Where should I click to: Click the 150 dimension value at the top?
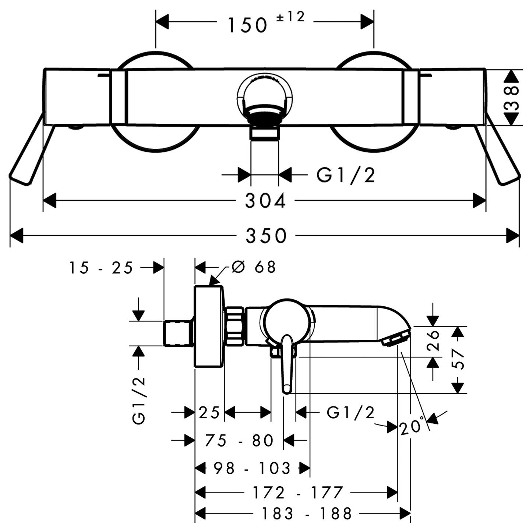pos(247,25)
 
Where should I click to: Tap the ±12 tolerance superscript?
pos(291,17)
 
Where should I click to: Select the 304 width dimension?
pos(265,201)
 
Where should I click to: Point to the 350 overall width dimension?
pos(266,236)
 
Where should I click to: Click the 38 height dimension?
pos(511,98)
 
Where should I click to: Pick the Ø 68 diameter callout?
pos(254,267)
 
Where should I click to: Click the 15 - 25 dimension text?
pos(101,268)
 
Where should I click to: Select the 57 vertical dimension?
pos(458,359)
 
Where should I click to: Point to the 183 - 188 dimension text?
pos(306,513)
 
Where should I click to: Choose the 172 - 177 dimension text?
pos(298,492)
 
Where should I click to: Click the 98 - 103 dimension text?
pos(252,468)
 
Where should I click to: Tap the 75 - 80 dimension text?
pos(239,440)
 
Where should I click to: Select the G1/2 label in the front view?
pos(346,175)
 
